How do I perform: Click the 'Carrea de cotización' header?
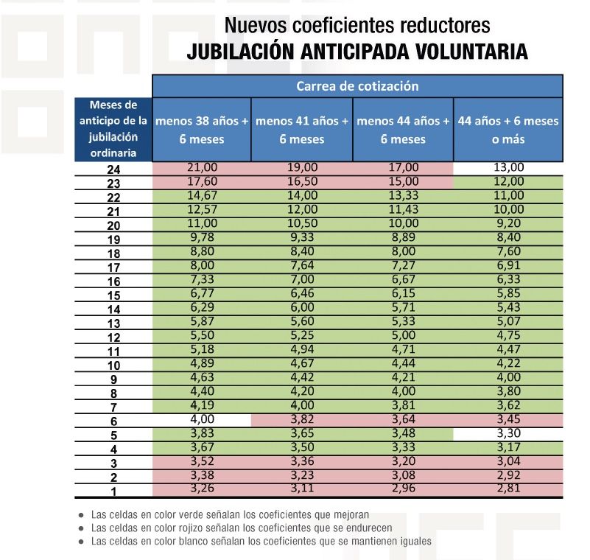(357, 86)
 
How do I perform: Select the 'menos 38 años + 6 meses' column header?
(201, 130)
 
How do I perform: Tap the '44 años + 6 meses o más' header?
(508, 130)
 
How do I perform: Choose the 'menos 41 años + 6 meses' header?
(302, 130)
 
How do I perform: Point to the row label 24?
(113, 169)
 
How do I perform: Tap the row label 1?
(113, 491)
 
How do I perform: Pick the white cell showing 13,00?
(508, 167)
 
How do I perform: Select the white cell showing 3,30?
(508, 433)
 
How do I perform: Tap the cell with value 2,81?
(508, 489)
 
